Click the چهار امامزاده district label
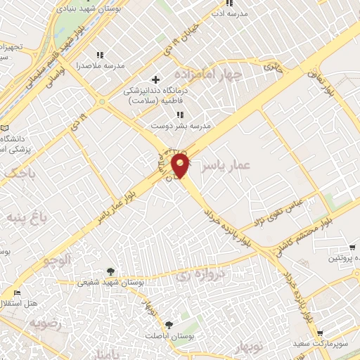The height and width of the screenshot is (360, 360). pos(220,74)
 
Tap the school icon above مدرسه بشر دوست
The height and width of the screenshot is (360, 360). pos(180,115)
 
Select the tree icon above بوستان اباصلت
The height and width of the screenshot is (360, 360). pos(169,324)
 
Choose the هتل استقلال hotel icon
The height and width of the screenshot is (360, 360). pos(16,292)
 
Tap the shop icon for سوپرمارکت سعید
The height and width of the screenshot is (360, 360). pos(320,333)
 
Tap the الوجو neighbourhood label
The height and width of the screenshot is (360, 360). pos(56,260)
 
